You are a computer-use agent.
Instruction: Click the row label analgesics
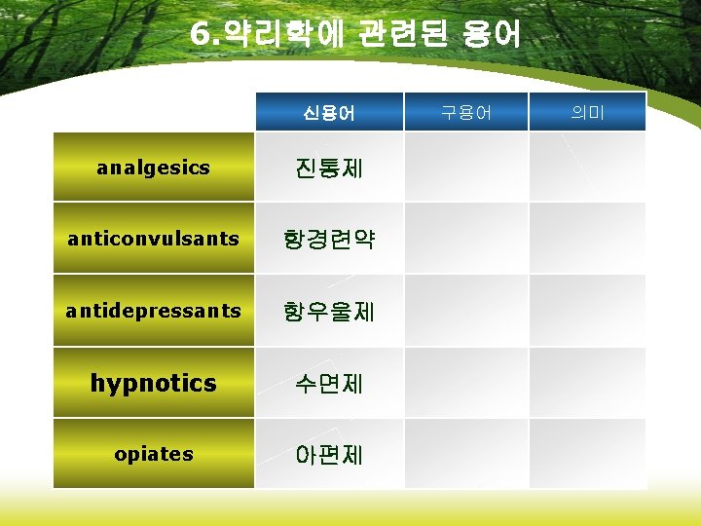click(153, 168)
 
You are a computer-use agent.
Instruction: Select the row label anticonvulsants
click(153, 239)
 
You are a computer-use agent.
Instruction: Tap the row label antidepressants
click(153, 311)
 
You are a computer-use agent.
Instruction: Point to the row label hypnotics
click(153, 383)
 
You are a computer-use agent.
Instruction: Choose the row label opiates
click(153, 454)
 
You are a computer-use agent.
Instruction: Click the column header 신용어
click(329, 113)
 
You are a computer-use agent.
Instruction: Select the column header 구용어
click(465, 113)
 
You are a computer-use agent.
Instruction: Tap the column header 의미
click(587, 113)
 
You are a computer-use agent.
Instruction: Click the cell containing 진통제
click(329, 168)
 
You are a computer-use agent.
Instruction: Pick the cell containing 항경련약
click(329, 239)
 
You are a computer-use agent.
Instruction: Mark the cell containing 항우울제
click(329, 311)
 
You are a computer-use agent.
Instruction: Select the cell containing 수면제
click(329, 383)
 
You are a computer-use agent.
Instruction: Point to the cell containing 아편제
click(329, 454)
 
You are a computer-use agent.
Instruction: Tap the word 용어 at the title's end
click(495, 35)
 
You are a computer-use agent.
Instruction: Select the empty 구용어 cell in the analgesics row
click(465, 168)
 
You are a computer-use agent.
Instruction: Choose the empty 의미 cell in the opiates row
click(587, 454)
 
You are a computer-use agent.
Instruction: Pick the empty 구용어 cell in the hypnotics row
click(465, 383)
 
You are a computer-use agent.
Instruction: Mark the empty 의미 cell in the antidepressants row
click(587, 311)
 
